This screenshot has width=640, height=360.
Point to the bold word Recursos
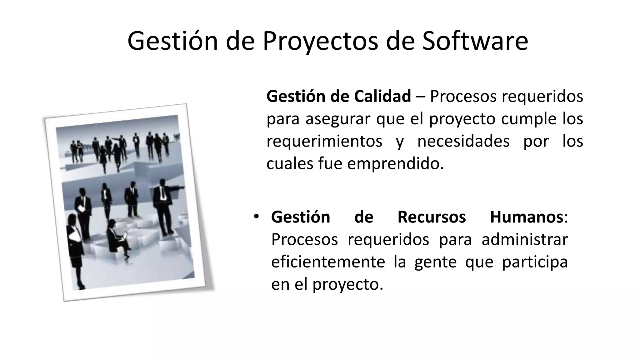[431, 217]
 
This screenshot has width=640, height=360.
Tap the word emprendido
[395, 163]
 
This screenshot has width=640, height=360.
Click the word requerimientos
[324, 141]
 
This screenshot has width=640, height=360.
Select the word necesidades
[463, 141]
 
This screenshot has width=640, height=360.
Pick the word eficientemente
[328, 262]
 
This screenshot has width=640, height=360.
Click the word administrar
[524, 239]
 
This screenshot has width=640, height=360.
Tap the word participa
[534, 262]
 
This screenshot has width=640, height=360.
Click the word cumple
[529, 119]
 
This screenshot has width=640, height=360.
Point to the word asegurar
[337, 119]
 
